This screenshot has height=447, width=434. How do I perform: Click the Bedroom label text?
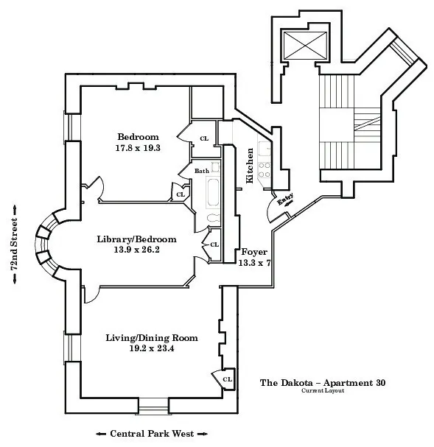click(x=138, y=137)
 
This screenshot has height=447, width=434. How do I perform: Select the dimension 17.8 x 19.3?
click(x=138, y=148)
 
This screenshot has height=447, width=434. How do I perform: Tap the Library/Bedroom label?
click(x=137, y=239)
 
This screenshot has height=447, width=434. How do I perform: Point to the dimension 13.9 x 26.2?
click(x=137, y=250)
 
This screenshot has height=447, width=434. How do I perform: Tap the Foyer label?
click(x=254, y=252)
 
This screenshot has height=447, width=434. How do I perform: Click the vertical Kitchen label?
click(x=251, y=166)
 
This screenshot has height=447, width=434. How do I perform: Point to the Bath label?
click(x=201, y=171)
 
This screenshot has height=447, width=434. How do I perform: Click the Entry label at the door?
click(x=285, y=200)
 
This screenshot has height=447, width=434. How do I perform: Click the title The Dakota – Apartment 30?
click(x=323, y=382)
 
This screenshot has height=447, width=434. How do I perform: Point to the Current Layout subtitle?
click(x=323, y=391)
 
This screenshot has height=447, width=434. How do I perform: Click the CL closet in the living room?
click(x=227, y=379)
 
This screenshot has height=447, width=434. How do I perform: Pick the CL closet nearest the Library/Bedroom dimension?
click(x=214, y=244)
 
